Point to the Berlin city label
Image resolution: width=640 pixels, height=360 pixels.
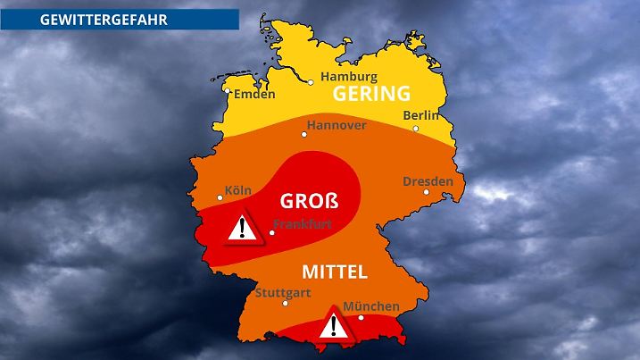tap(421, 115)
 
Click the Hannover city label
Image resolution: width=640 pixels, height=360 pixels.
tap(337, 125)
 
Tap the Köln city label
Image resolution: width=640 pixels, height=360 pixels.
tap(238, 190)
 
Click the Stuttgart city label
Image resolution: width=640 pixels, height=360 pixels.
tap(283, 292)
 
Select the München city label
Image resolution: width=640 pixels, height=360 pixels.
tap(370, 306)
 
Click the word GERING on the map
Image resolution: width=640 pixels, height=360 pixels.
tap(371, 94)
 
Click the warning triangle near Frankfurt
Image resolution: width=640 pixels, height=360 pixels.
tap(239, 230)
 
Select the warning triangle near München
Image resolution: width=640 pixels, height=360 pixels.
tap(334, 323)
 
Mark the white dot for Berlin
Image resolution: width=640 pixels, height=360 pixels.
tap(416, 128)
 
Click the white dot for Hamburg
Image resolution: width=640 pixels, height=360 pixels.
tap(311, 82)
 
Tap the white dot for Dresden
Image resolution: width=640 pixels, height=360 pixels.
tap(427, 192)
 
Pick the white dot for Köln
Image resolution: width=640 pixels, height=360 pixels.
tap(220, 198)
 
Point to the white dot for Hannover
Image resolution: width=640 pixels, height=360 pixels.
tap(304, 134)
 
